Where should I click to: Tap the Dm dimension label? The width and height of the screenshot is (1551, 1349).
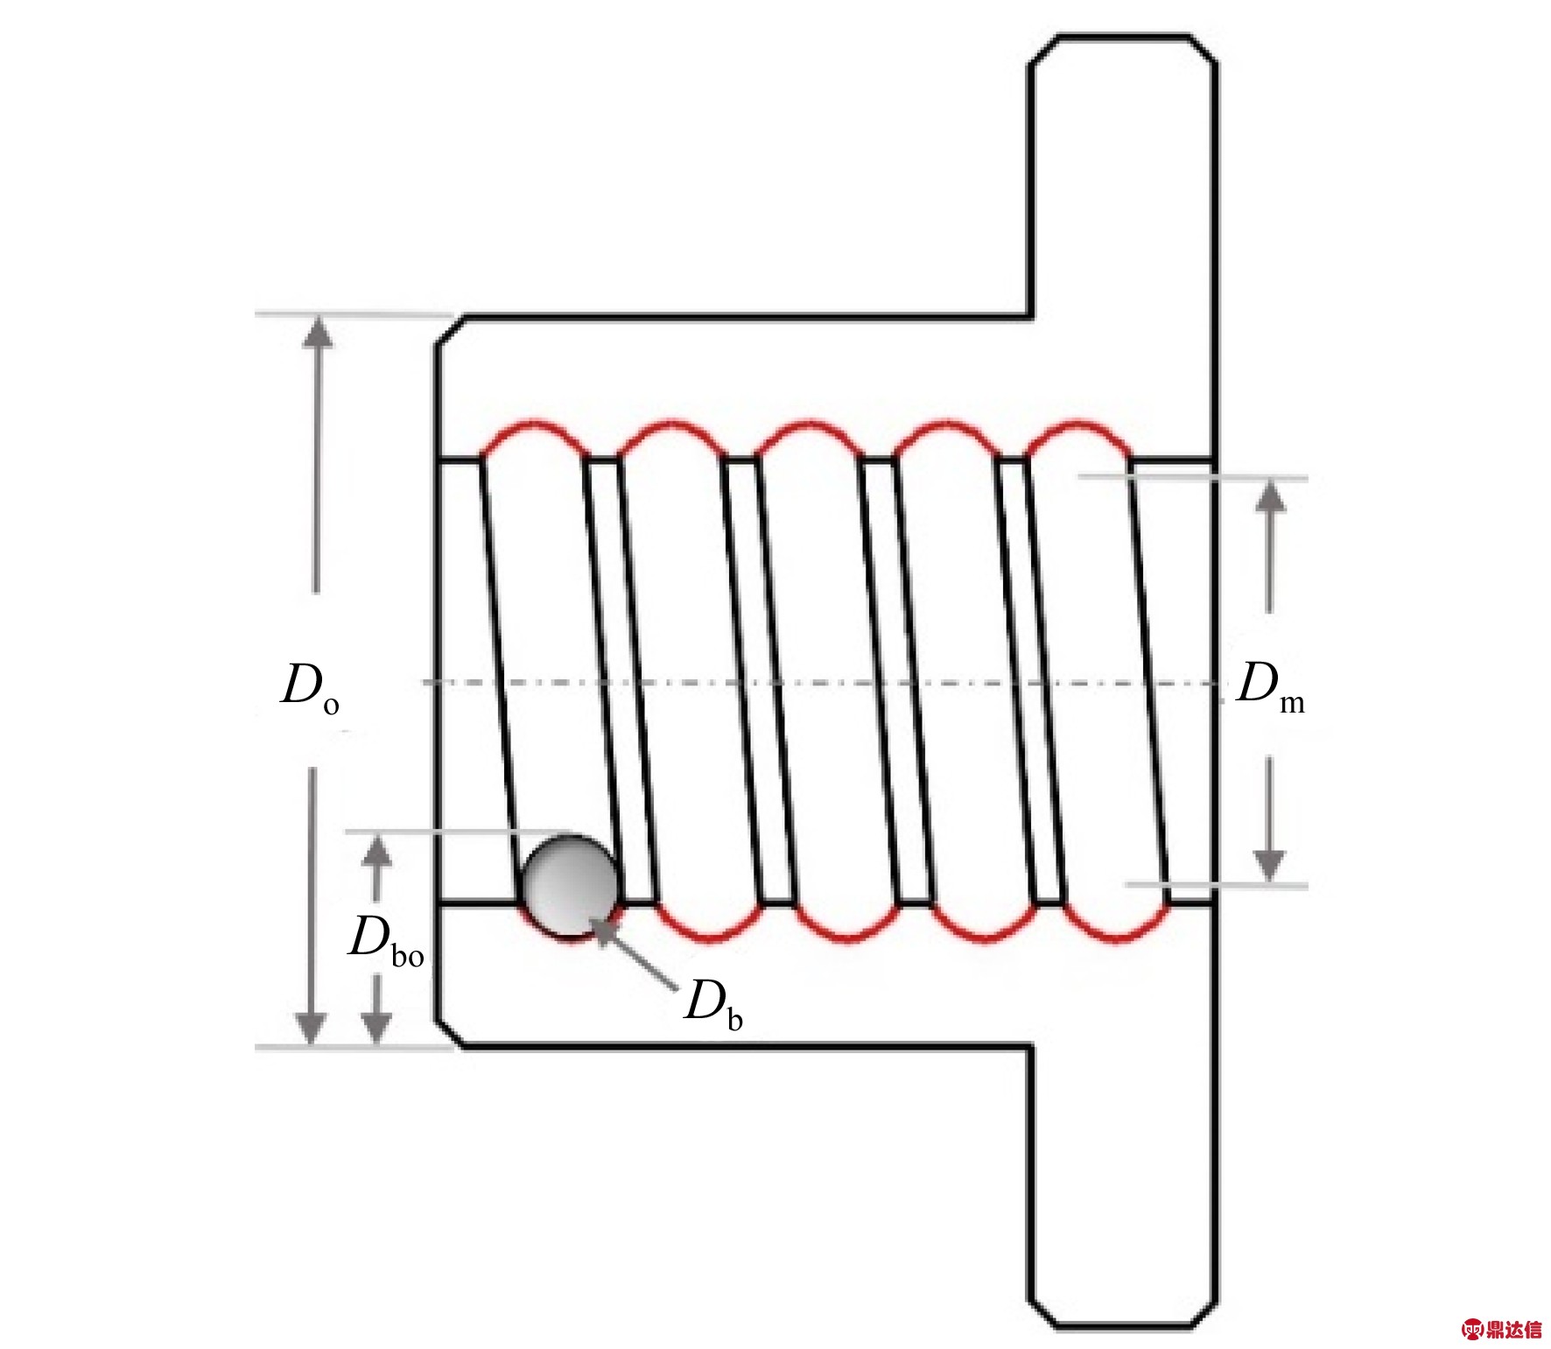click(1270, 687)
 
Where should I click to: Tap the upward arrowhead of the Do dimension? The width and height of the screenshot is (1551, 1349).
click(318, 332)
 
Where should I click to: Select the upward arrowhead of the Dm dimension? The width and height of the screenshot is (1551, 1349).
click(1271, 495)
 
